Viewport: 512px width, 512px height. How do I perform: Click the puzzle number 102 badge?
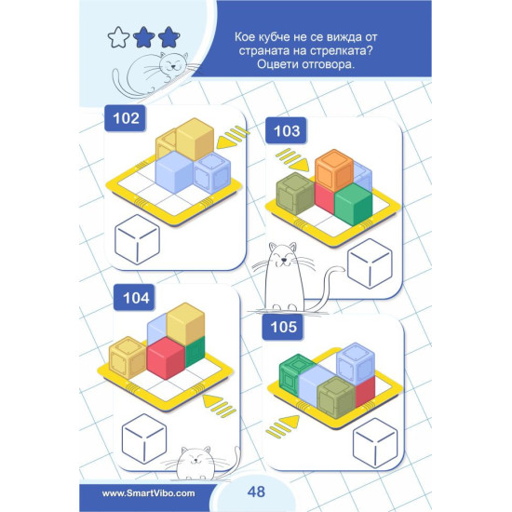125,118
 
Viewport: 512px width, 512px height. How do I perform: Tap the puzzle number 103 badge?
286,130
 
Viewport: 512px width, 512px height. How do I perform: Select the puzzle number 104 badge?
134,298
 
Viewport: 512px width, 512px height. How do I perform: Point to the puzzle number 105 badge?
283,327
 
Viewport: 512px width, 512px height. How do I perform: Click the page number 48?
256,492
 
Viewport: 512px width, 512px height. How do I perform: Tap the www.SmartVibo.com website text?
149,493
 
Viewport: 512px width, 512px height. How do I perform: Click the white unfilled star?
118,37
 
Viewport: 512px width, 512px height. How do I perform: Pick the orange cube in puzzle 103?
334,170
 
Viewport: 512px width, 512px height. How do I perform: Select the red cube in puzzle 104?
166,358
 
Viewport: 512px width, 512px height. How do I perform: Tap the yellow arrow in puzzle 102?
231,139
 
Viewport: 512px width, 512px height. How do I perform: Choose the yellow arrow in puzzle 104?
220,405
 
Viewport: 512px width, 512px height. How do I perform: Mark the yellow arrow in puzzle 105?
283,425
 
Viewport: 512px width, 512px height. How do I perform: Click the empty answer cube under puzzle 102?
137,239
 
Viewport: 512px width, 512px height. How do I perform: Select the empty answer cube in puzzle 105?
375,443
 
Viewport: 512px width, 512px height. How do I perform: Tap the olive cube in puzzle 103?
295,194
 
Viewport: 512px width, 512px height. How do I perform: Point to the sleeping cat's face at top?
173,63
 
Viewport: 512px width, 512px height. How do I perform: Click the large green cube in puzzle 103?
354,204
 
